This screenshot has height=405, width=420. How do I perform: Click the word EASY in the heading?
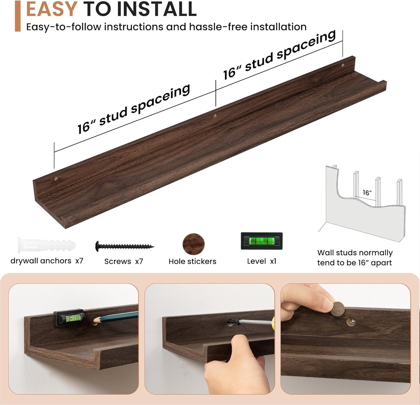click(x=51, y=9)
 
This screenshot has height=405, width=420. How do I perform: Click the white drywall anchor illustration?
click(x=47, y=245)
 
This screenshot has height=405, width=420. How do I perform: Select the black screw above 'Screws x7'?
click(x=124, y=246)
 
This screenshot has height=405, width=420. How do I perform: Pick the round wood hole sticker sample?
click(x=193, y=244)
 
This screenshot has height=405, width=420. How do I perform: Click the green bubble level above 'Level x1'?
click(x=262, y=241)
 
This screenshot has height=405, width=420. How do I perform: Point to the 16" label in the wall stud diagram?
click(x=367, y=192)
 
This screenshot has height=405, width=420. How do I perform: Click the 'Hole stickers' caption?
click(x=192, y=261)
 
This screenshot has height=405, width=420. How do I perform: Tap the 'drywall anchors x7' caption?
click(x=47, y=261)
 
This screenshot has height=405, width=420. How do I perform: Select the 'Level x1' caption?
click(x=262, y=261)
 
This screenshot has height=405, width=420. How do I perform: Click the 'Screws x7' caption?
click(x=124, y=261)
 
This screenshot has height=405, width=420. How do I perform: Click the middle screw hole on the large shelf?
click(x=215, y=116)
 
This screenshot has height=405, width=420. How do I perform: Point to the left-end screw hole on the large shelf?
click(x=56, y=179)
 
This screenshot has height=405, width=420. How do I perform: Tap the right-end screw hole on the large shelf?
click(x=342, y=65)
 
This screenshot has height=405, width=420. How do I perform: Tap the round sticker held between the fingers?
click(x=338, y=309)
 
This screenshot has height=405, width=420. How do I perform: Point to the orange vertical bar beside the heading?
click(x=18, y=16)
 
